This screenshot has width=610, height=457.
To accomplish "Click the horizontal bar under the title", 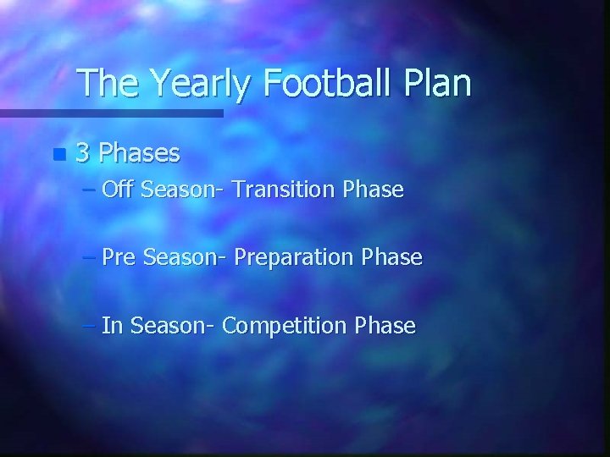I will pos(111,113).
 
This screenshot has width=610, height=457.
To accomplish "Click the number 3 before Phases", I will pos(83,153).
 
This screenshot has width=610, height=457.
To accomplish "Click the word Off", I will pos(119,190).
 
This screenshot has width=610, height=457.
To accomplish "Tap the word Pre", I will pos(119,257).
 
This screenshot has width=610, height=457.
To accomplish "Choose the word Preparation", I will pos(294,258).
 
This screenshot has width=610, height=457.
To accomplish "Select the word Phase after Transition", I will pos(374,190).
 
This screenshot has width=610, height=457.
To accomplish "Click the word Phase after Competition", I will pos(386,325).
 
